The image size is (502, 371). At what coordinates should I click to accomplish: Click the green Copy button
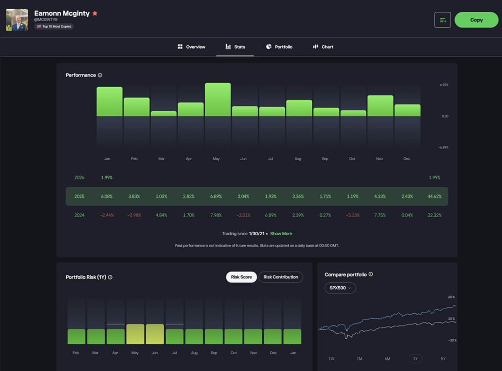point(476,20)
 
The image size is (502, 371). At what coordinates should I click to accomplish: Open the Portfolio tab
point(279,47)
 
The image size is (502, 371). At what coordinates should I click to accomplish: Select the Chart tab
point(323,47)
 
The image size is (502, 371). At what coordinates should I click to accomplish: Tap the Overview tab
point(192,47)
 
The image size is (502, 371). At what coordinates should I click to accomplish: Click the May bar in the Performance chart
point(218,99)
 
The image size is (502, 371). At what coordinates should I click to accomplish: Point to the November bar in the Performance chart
point(380,106)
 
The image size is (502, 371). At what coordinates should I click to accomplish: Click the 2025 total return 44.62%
point(434,196)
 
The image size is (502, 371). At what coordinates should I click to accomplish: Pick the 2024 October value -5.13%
point(352,215)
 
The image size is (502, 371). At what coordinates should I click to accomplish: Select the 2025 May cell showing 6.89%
point(216,196)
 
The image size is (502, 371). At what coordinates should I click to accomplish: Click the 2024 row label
point(79,215)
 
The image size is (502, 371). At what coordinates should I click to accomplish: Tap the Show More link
point(281,234)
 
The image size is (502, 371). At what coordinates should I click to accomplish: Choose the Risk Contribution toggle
point(280,277)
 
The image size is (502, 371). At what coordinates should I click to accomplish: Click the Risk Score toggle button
point(241,277)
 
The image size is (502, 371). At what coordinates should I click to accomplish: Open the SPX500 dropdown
point(340,288)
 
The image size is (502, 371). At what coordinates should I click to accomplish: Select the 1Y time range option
point(415,359)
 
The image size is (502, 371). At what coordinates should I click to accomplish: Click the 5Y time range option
point(443,359)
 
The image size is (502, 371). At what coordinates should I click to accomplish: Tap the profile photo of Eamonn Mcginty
point(17,20)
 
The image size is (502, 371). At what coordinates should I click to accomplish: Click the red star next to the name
point(95,13)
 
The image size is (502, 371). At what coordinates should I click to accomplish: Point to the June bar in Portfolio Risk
point(155,334)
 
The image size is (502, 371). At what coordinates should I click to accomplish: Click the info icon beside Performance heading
point(100,75)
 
